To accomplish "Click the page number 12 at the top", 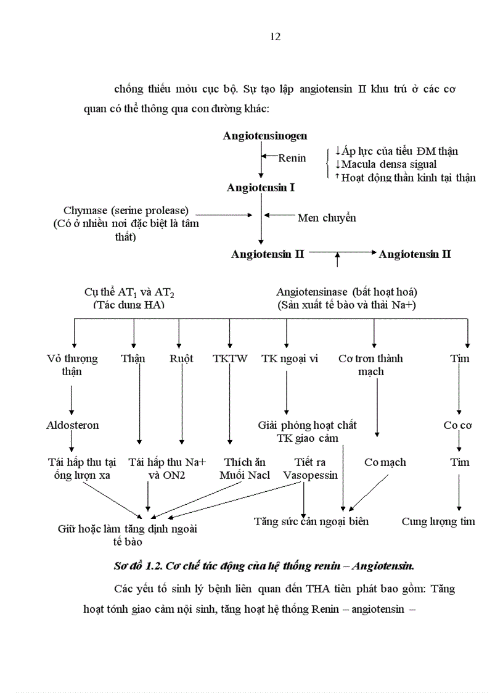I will click(x=276, y=37).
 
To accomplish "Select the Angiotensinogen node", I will click(x=265, y=136).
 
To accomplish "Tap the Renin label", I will click(x=292, y=158).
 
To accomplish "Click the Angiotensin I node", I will click(x=260, y=188).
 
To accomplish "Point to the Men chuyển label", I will click(x=327, y=218).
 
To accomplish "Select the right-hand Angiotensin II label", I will click(x=414, y=254).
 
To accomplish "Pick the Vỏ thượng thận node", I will click(x=72, y=365).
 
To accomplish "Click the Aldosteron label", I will click(x=72, y=425).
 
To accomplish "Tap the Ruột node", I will click(x=181, y=359).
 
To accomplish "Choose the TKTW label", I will click(x=230, y=359).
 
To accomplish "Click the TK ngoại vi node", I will click(x=290, y=359).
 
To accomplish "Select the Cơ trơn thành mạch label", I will click(x=370, y=365).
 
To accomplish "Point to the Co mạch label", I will click(x=385, y=462).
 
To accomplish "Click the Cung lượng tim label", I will click(x=438, y=521).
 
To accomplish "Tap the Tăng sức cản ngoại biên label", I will click(x=311, y=521).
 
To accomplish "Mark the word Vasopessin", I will click(x=311, y=475).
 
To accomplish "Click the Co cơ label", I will click(x=457, y=425).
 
